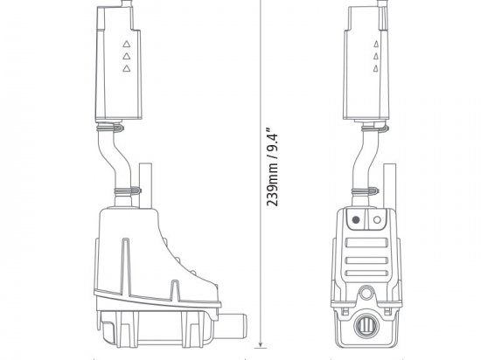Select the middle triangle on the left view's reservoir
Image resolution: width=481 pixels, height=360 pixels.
tap(126, 55)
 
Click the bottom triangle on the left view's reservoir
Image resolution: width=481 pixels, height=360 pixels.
tap(126, 68)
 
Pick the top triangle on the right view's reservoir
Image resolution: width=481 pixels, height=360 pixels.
tap(376, 43)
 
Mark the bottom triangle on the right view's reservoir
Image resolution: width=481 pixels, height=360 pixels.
tap(376, 69)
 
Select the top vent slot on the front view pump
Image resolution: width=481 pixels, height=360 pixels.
tap(366, 241)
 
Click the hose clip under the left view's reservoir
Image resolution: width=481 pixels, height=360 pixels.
tap(106, 127)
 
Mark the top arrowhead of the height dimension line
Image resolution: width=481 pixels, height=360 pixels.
tap(260, 3)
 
